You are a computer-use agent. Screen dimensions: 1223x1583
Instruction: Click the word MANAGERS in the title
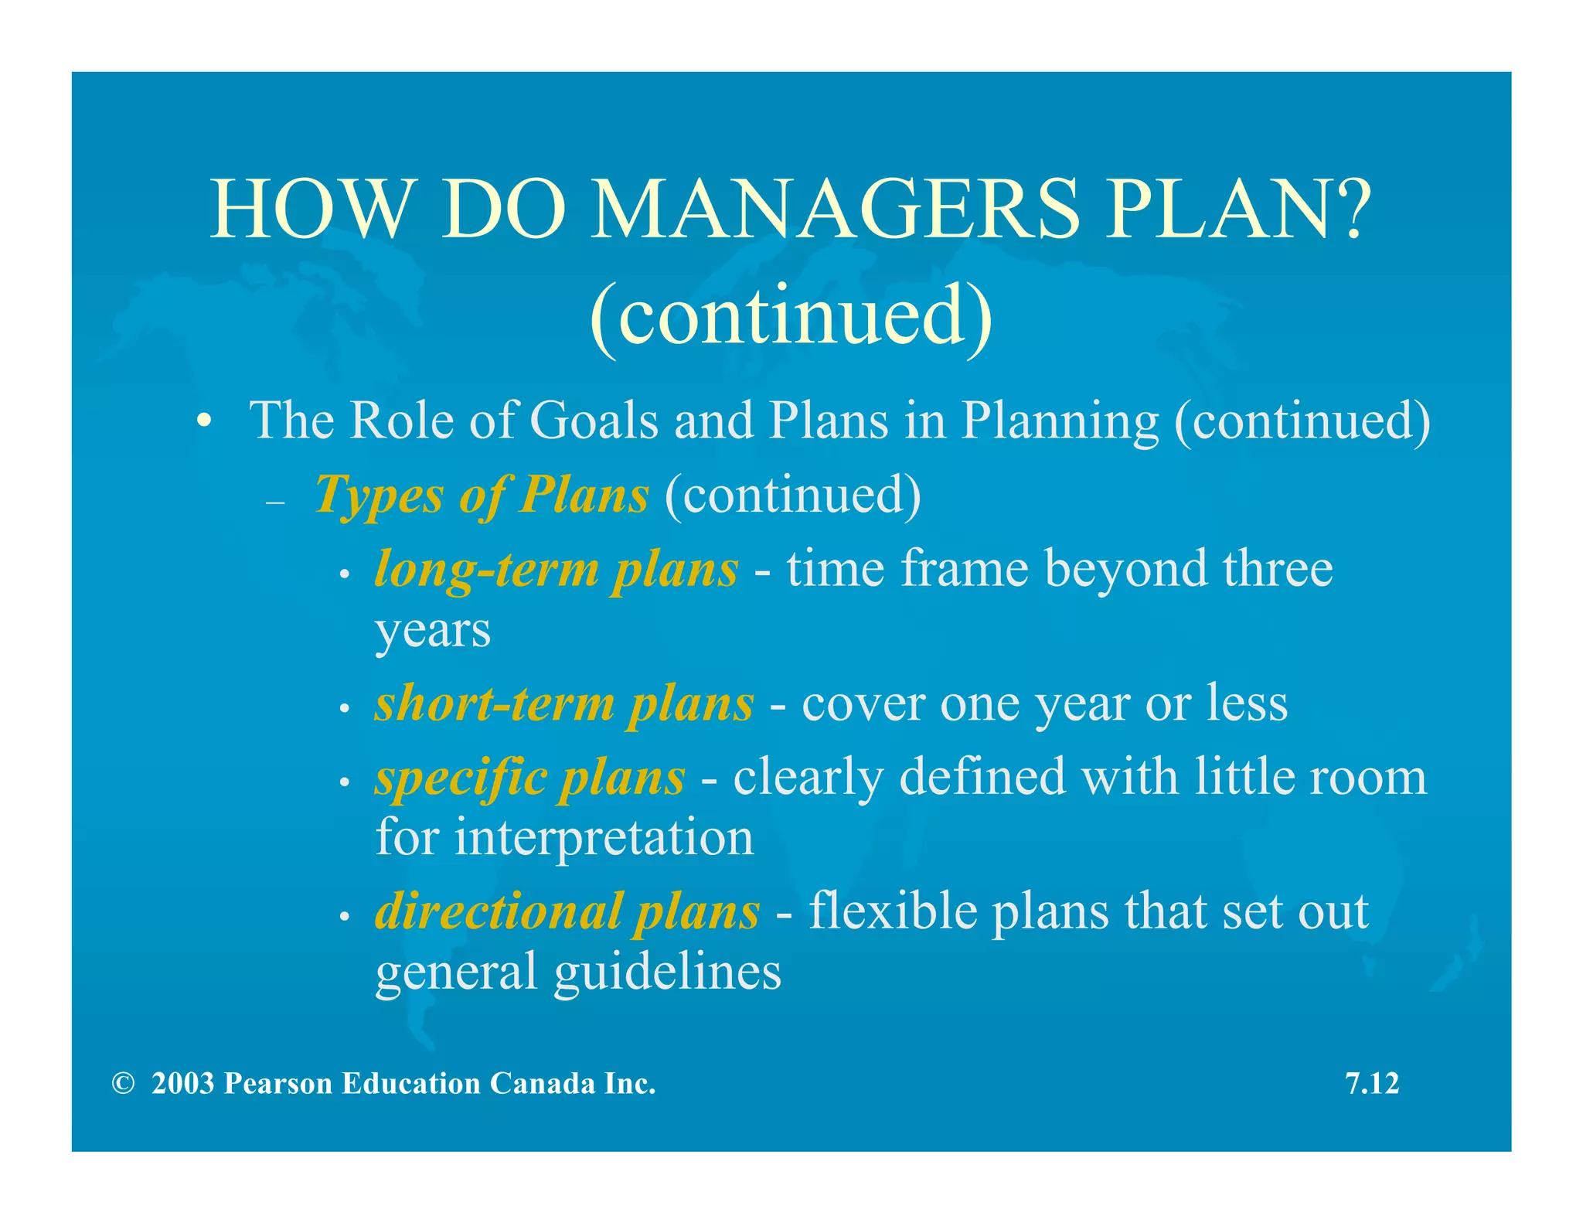(834, 210)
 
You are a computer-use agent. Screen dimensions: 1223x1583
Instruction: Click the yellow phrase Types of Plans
(482, 495)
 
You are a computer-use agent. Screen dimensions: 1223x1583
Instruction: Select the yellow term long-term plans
(556, 571)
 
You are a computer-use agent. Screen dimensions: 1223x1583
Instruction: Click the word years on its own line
(433, 630)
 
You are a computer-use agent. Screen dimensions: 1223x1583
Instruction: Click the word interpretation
(604, 838)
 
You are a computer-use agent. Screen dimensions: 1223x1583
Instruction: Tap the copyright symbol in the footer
(122, 1084)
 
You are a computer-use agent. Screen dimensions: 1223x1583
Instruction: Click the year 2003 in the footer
(182, 1084)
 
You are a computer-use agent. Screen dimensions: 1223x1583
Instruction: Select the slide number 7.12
(1372, 1084)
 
